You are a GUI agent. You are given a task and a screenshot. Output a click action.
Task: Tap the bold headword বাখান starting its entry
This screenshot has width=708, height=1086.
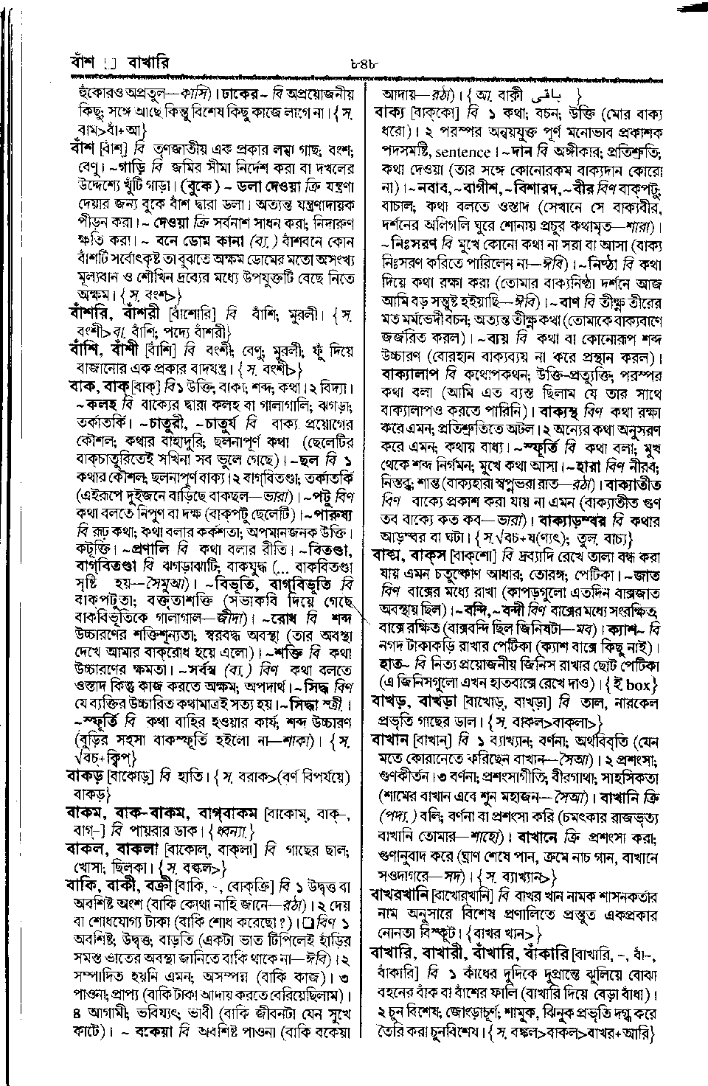[392, 739]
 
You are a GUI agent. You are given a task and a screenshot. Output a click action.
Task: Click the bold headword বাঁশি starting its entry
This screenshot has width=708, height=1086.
[85, 349]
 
